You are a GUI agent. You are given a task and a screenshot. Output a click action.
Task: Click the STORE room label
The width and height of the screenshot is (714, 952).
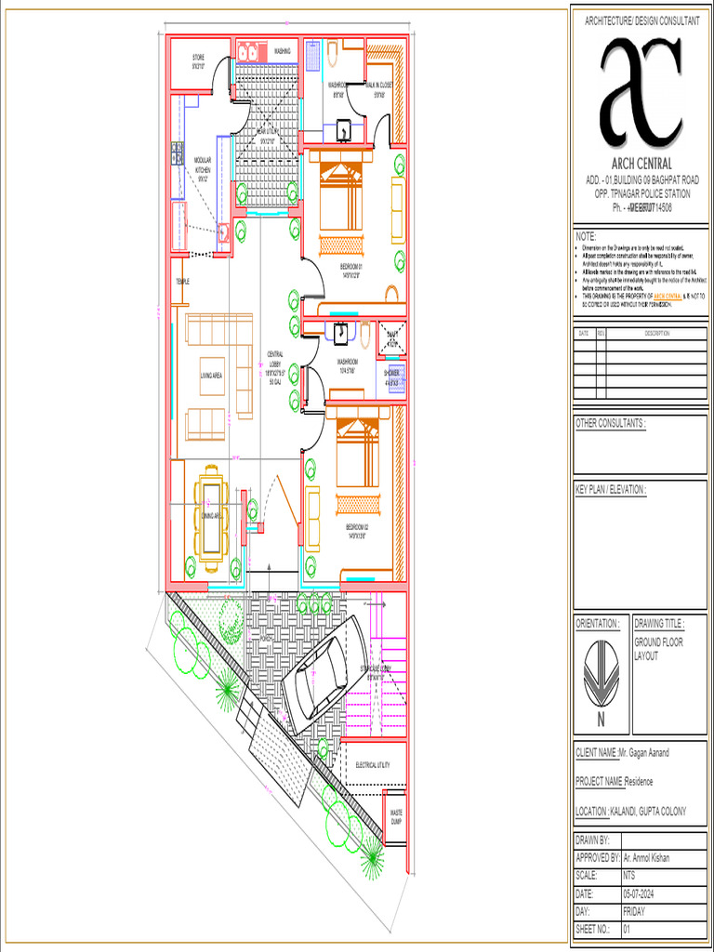pos(198,62)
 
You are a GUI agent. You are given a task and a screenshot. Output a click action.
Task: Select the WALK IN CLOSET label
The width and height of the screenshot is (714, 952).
pos(378,89)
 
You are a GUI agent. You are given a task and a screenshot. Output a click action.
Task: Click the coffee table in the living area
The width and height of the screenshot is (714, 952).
pos(212,376)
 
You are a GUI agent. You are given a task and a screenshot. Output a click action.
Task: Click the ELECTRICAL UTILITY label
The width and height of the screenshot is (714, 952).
pos(372,765)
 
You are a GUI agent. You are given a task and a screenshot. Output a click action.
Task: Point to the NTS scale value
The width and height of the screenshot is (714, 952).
pos(628,876)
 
